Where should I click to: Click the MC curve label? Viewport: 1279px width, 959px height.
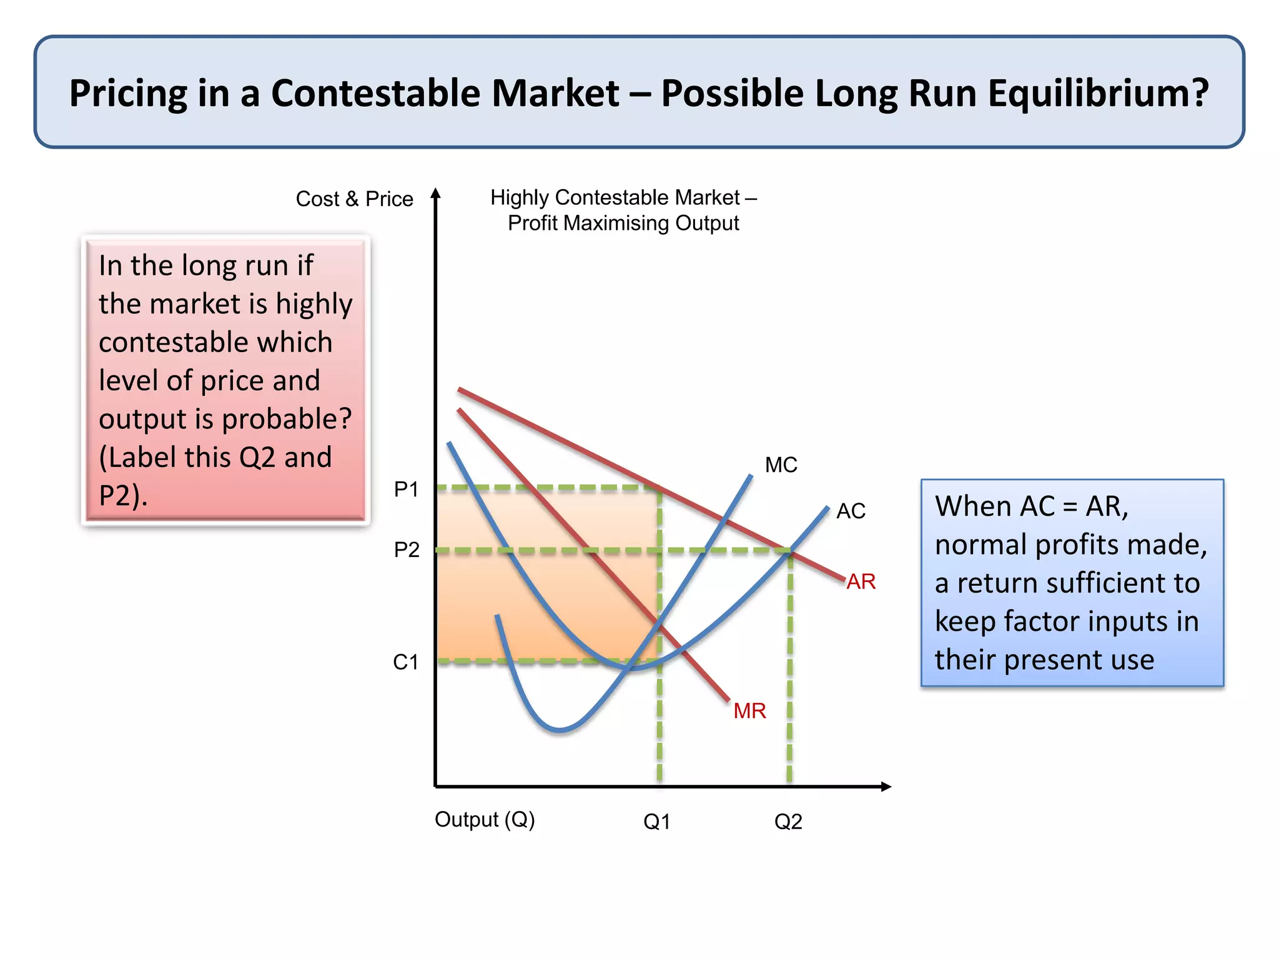[x=781, y=465]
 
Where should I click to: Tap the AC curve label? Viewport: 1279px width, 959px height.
[x=851, y=511]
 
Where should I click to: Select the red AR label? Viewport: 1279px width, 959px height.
[x=861, y=582]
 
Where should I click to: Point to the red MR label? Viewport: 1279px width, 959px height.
[x=749, y=711]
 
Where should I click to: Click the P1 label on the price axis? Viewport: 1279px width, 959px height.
[x=406, y=489]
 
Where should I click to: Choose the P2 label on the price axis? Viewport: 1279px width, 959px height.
[x=407, y=550]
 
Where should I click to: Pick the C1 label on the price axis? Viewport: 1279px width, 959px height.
[x=405, y=662]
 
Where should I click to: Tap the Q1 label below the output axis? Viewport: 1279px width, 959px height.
[x=656, y=822]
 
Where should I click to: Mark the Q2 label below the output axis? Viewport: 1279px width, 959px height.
[x=788, y=822]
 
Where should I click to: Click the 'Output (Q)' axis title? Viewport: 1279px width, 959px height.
[x=485, y=819]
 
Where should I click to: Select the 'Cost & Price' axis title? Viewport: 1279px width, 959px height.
[x=354, y=199]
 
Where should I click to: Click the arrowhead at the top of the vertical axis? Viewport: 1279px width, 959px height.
[x=436, y=194]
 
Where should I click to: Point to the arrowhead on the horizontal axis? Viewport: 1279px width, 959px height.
[x=886, y=787]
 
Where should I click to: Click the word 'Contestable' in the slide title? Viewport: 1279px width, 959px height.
[x=445, y=93]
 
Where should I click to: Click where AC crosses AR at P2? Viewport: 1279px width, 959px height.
[x=790, y=551]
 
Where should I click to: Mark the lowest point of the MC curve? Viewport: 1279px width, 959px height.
[x=560, y=729]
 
